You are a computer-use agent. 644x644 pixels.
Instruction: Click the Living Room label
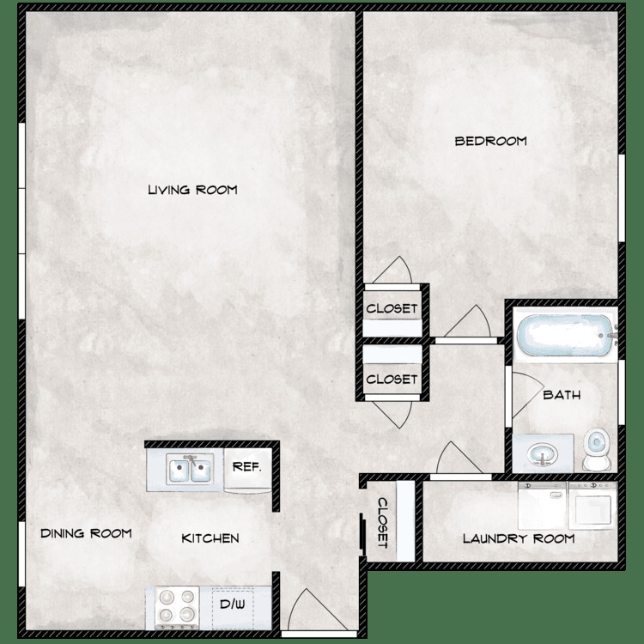tap(191, 190)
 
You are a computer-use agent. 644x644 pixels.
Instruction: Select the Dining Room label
tap(86, 533)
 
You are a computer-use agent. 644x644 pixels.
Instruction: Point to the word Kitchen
tap(210, 538)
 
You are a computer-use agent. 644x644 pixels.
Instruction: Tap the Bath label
tap(562, 396)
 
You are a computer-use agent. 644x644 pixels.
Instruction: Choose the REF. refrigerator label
tap(246, 468)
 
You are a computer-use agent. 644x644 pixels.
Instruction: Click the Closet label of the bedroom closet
tap(392, 308)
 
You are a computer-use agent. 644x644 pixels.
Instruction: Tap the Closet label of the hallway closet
tap(392, 379)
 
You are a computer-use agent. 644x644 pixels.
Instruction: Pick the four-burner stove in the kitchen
tap(176, 607)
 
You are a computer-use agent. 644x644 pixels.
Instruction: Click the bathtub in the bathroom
tap(562, 336)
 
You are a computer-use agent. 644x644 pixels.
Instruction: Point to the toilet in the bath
tap(594, 449)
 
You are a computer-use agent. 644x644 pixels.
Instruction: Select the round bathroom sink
tap(541, 453)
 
